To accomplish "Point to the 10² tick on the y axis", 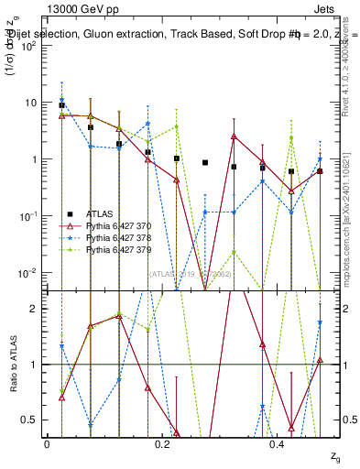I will click(27, 45).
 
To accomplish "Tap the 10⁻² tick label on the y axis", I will click(27, 273).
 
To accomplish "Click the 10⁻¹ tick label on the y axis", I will click(27, 216).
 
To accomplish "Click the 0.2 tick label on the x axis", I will click(162, 443).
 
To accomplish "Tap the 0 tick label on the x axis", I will click(47, 443).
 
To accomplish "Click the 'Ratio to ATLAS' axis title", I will click(12, 376).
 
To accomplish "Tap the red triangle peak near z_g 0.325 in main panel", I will click(235, 136).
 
